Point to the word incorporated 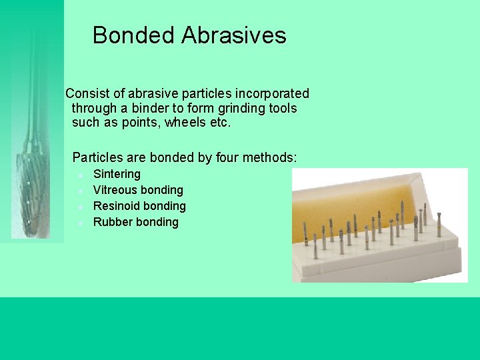click(x=272, y=94)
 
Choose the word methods click(x=270, y=158)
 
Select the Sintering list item click(x=117, y=174)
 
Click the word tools click(x=283, y=108)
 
